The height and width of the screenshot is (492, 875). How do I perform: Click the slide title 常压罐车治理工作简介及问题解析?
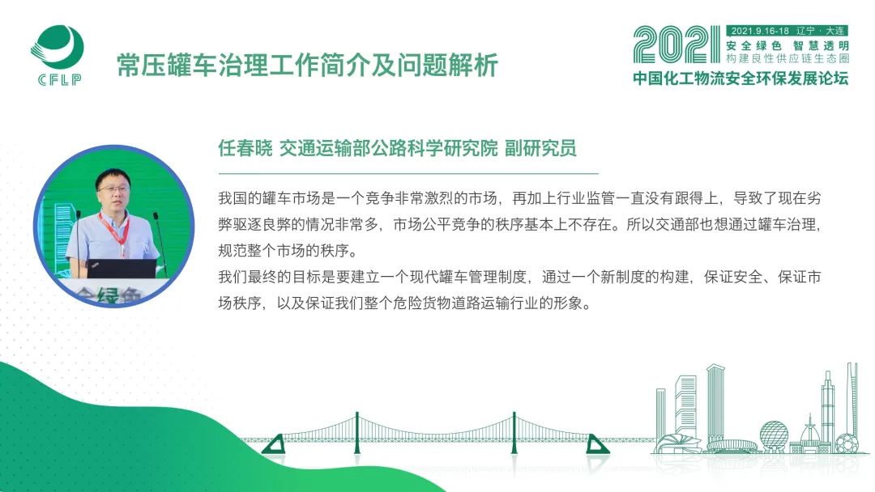coord(307,66)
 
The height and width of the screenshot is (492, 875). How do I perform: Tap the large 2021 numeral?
coord(677,45)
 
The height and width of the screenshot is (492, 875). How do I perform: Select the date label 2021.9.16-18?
coord(759,32)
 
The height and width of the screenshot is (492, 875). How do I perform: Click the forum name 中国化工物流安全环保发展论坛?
coord(741,78)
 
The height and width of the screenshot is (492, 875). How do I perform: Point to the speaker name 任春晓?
coord(245,148)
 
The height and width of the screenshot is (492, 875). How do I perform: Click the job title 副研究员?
coord(540,148)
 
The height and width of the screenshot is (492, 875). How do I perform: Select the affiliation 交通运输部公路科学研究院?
coord(388,148)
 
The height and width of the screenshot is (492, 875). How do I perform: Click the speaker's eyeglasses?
coord(113,189)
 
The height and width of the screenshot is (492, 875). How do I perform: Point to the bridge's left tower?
coord(356,434)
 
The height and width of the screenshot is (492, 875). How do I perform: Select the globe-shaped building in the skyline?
coord(774,434)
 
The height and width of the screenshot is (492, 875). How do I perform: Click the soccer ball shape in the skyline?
coord(847,443)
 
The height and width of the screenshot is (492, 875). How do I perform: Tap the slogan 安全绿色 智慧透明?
coord(787,45)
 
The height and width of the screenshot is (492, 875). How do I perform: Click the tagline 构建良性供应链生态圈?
coord(787,58)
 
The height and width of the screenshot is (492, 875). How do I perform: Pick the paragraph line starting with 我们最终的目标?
coord(519,277)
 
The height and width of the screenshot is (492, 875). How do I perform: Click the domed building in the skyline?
coord(809,434)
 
